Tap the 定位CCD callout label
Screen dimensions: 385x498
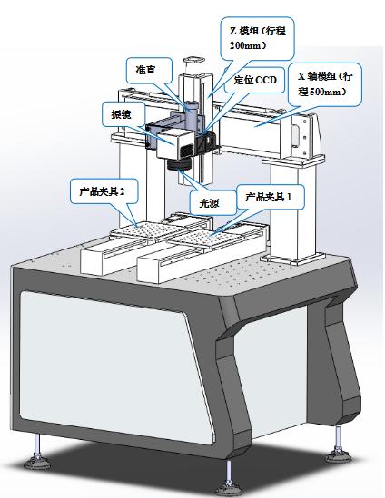tap(255, 80)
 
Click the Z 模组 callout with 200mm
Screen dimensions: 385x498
tap(258, 38)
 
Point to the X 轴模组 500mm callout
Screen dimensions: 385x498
tap(325, 84)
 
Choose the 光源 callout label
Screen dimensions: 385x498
tap(210, 203)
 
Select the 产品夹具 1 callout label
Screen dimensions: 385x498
tap(269, 197)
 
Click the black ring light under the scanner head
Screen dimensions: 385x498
tap(179, 164)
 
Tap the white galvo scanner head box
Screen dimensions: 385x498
tap(174, 144)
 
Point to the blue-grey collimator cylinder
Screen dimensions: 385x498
tap(192, 114)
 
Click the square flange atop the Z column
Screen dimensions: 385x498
tap(193, 60)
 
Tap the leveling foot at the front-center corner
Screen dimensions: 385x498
tap(230, 480)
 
